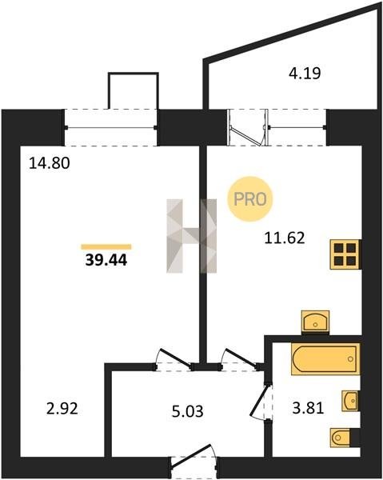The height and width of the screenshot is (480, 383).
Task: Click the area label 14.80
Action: point(50,163)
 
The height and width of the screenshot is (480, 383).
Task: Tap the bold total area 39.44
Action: point(106,260)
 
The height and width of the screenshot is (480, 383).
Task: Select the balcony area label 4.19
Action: point(305,74)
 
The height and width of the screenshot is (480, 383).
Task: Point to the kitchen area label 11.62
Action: point(285,238)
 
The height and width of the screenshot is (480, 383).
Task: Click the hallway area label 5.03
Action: point(188,411)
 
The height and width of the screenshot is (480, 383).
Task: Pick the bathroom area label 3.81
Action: point(308,408)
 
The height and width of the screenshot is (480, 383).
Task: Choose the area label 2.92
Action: point(62,409)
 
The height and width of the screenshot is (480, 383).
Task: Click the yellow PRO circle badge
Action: point(250,199)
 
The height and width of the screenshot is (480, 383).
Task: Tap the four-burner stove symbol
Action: point(345,254)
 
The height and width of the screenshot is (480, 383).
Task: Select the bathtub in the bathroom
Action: point(325,359)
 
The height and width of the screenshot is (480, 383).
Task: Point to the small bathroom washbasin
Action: point(350,401)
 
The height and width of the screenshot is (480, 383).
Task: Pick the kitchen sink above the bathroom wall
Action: point(315,322)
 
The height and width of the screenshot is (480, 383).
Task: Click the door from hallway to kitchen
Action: point(240,358)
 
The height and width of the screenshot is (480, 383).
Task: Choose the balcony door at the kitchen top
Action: point(248,128)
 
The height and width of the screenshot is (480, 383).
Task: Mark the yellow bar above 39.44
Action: point(106,247)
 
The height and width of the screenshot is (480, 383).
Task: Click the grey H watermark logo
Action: point(192,236)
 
